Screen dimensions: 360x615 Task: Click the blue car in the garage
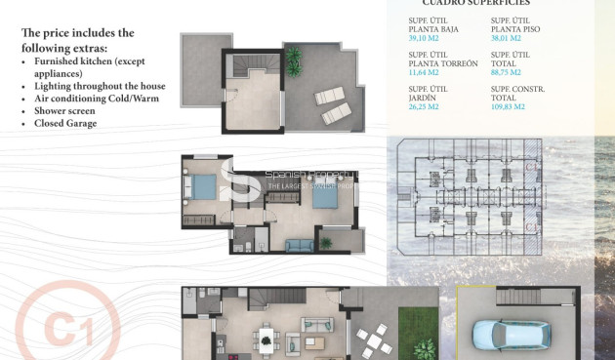502,335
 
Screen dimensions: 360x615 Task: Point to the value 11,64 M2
424,71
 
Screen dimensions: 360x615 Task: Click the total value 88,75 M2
506,71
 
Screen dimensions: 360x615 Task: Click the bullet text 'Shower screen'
64,111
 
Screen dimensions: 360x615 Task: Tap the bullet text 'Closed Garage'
65,124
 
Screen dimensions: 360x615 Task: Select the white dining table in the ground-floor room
266,340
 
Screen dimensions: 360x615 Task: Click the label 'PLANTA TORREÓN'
444,62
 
